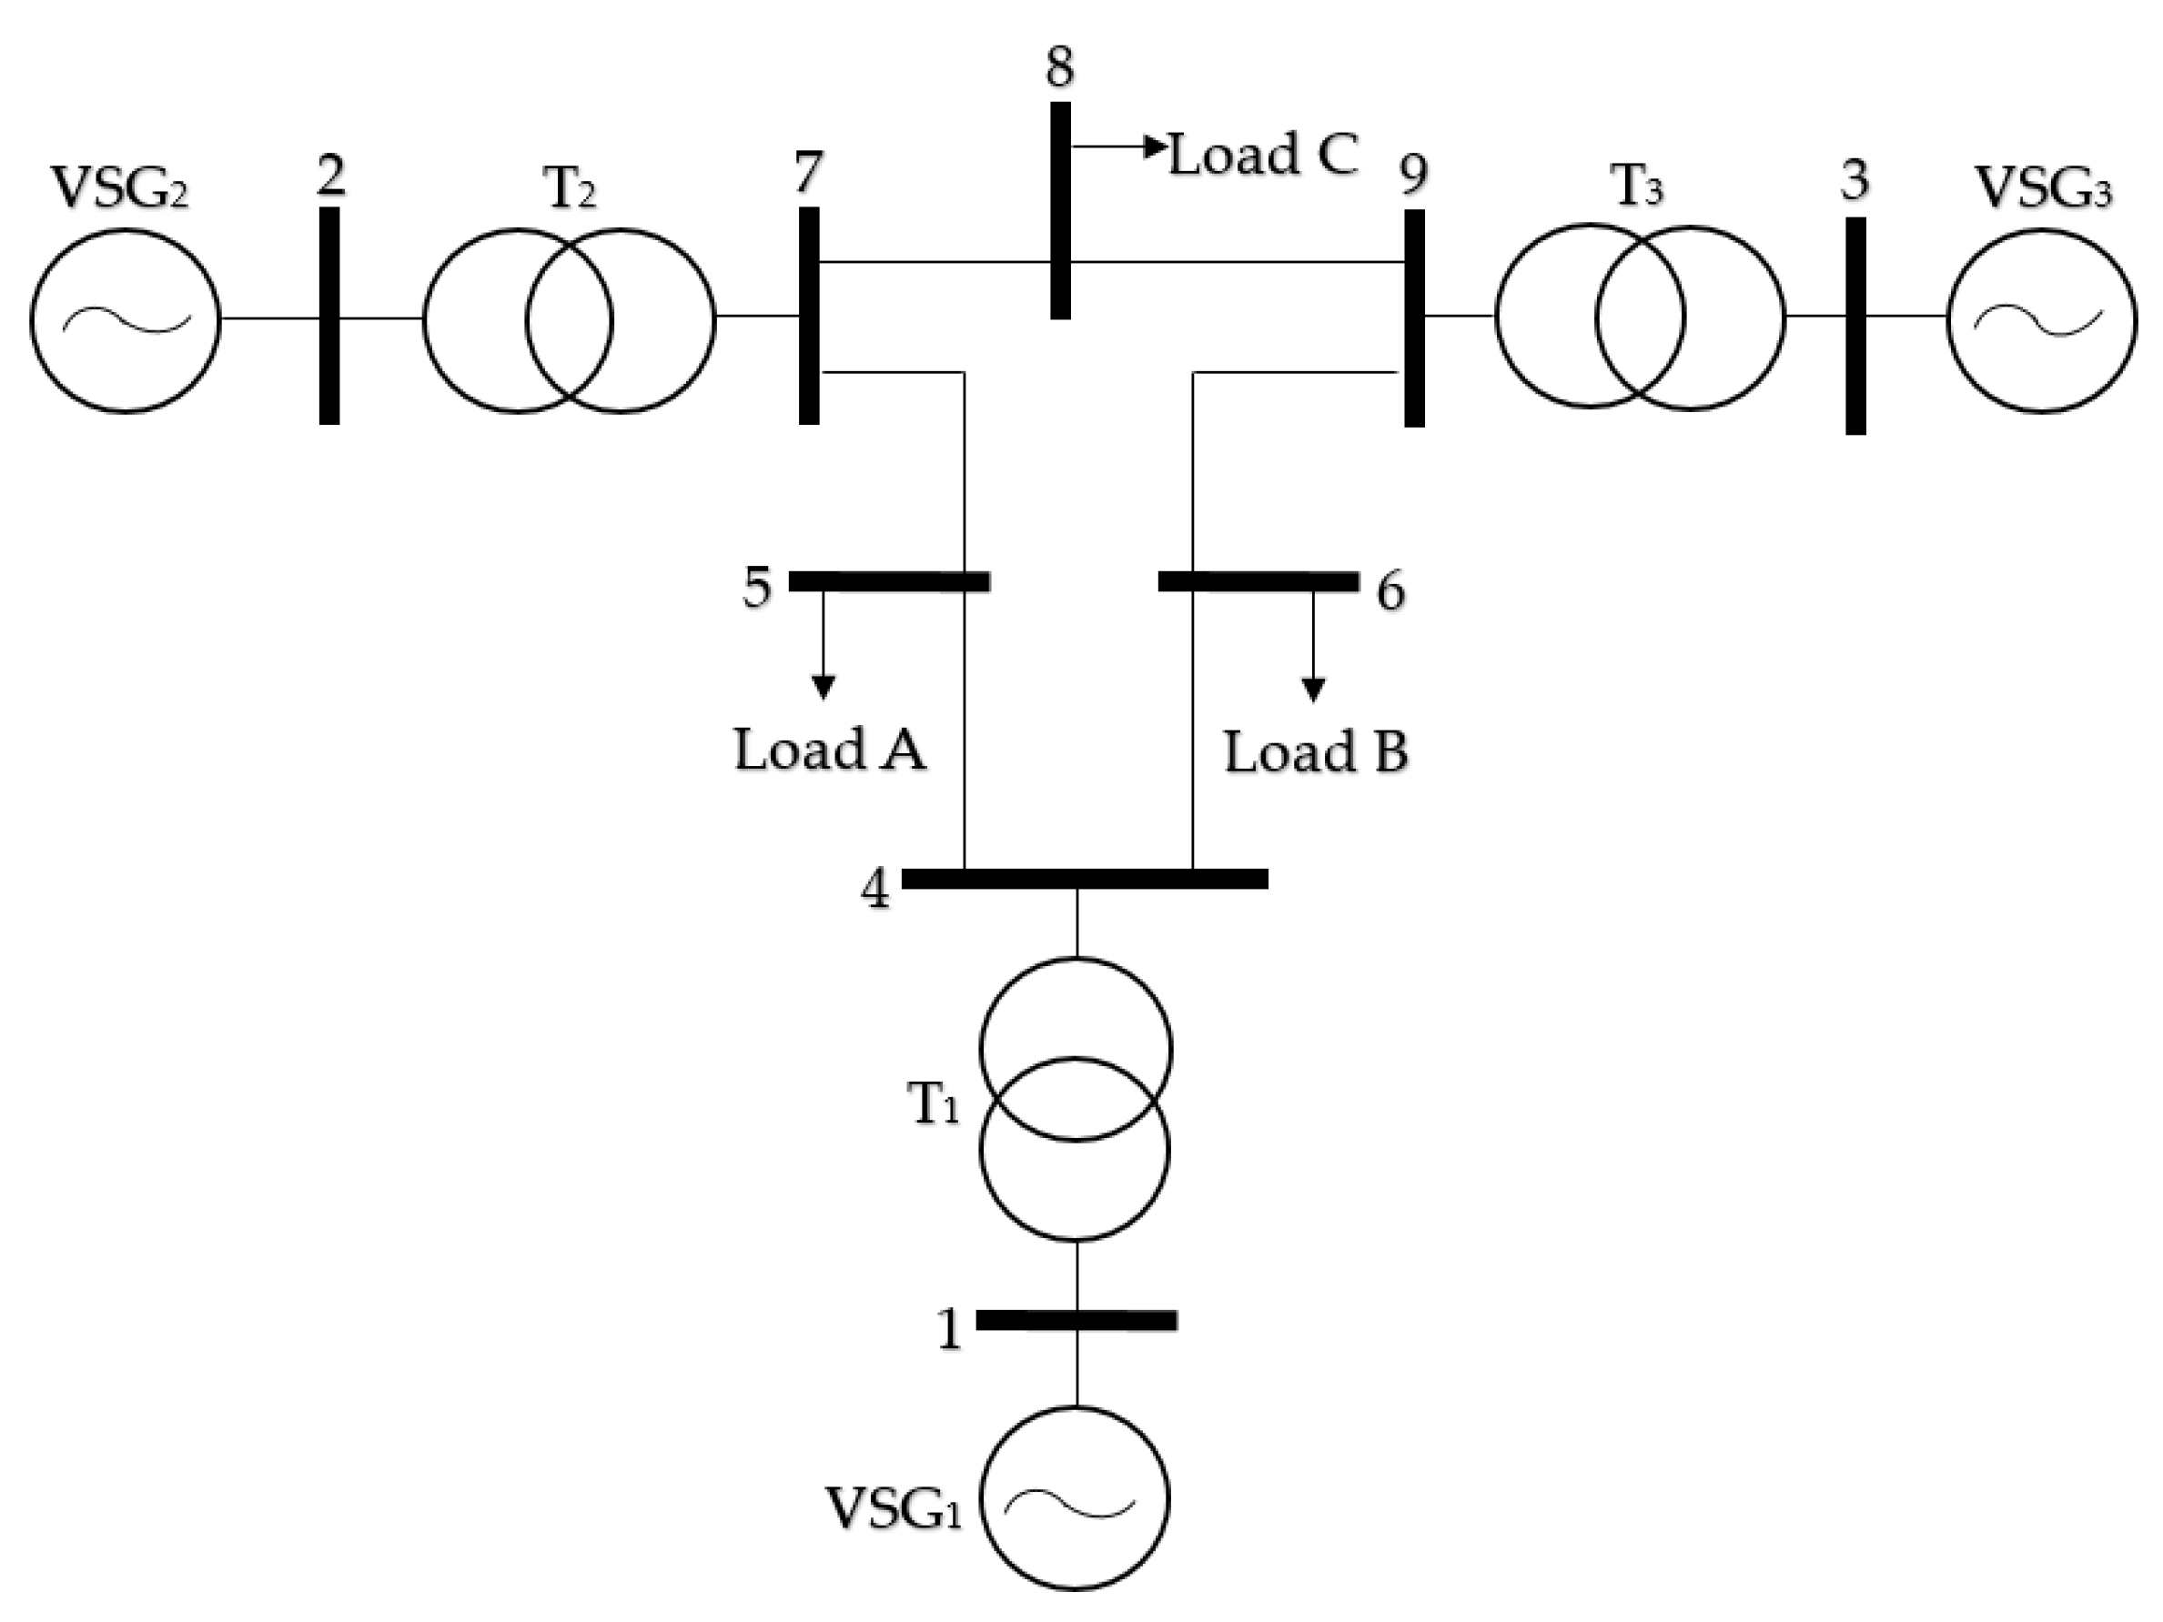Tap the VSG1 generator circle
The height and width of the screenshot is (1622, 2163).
tap(1075, 1496)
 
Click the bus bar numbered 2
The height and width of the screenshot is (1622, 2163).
tap(329, 315)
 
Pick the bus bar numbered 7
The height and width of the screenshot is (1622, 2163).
tap(809, 315)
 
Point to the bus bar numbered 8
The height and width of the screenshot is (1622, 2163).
tap(1060, 210)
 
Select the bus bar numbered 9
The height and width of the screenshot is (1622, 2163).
tap(1414, 317)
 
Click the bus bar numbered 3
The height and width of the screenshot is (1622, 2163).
tap(1855, 326)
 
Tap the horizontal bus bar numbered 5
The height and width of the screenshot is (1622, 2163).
tap(889, 580)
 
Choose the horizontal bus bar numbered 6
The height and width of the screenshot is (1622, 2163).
tap(1258, 580)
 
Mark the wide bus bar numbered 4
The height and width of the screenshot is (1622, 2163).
tap(1084, 878)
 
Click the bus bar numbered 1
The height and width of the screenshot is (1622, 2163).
tap(1076, 1320)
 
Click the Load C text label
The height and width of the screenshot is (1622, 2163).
tap(1263, 155)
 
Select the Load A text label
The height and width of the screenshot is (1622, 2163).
tap(829, 750)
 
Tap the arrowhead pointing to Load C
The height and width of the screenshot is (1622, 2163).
tap(1157, 146)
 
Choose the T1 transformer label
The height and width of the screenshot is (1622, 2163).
tap(934, 1106)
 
